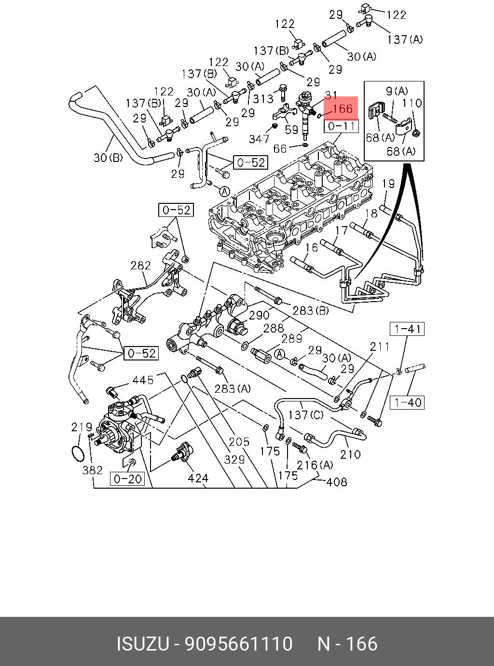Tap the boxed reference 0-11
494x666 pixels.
coord(341,126)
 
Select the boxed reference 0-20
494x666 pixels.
coord(127,479)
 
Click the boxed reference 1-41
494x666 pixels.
coord(407,329)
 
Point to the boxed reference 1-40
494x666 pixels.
coord(407,402)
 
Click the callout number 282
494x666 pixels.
coord(141,266)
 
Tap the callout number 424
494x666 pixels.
coord(198,478)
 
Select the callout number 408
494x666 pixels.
coord(337,482)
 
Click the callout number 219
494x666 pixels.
coord(82,427)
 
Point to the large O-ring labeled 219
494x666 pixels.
coord(79,454)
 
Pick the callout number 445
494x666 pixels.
coord(143,380)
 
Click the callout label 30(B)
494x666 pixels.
coord(108,157)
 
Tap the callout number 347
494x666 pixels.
coord(259,139)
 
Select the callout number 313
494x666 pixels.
coord(263,98)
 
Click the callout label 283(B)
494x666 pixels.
coord(311,310)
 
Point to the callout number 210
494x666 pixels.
coord(351,454)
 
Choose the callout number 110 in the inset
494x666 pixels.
coord(412,103)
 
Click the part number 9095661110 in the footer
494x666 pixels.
coord(239,643)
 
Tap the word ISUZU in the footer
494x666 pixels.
coord(143,643)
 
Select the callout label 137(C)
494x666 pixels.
coord(306,414)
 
